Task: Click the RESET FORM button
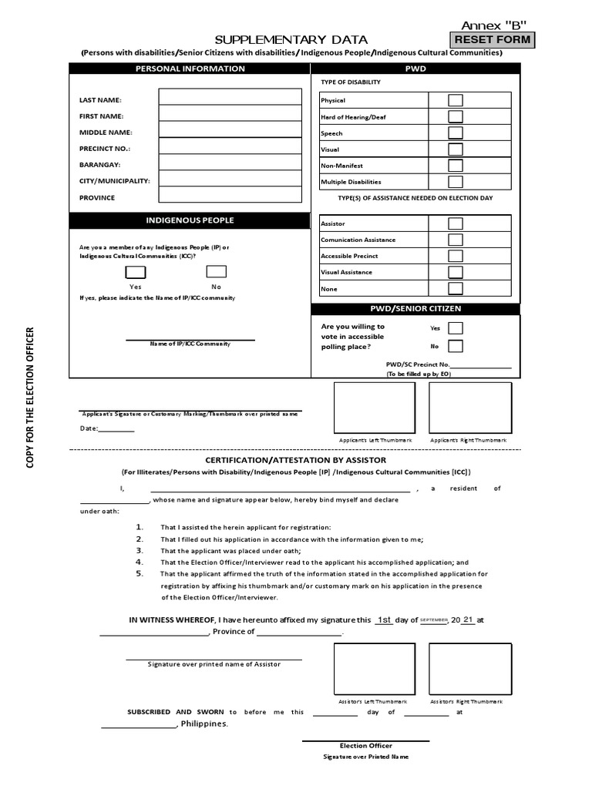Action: click(x=492, y=40)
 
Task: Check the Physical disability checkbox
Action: click(x=456, y=100)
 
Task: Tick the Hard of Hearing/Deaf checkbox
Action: click(x=456, y=116)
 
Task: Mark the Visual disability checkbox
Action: click(x=456, y=149)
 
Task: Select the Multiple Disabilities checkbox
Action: click(x=456, y=182)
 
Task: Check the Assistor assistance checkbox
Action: click(x=456, y=223)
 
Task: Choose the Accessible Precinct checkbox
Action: click(x=456, y=256)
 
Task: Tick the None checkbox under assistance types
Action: click(x=456, y=289)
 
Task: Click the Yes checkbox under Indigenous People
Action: click(x=136, y=271)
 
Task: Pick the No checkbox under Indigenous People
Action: click(x=217, y=271)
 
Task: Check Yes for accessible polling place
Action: click(x=456, y=328)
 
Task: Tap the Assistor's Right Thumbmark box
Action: click(x=470, y=669)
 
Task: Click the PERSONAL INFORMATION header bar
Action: click(x=190, y=69)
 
